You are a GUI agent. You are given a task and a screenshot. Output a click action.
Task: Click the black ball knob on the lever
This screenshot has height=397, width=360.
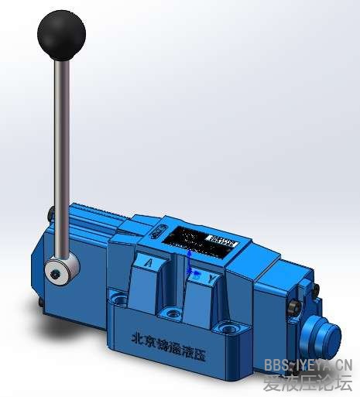pyautogui.click(x=61, y=32)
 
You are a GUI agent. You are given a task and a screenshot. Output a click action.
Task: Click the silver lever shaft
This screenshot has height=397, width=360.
pyautogui.click(x=60, y=155)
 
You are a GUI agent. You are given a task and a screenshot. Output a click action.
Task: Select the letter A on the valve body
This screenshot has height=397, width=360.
pyautogui.click(x=146, y=264)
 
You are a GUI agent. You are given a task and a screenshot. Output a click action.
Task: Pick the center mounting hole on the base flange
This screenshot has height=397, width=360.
pyautogui.click(x=171, y=313)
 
